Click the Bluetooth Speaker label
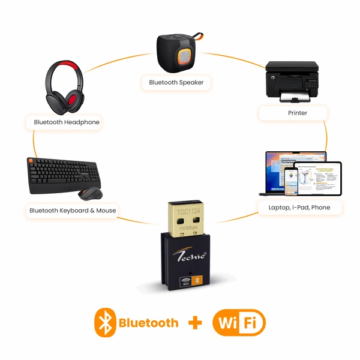pos(176,82)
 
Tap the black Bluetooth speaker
pos(176,52)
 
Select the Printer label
pos(293,112)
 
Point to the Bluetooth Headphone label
pos(67,122)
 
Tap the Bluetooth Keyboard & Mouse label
pos(73,210)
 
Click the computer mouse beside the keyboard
pos(91,193)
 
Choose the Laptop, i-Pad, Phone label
pos(295,208)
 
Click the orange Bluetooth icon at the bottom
pos(105,323)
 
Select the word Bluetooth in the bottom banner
pos(148,323)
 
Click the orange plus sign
pos(194,323)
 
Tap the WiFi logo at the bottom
pos(239,323)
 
